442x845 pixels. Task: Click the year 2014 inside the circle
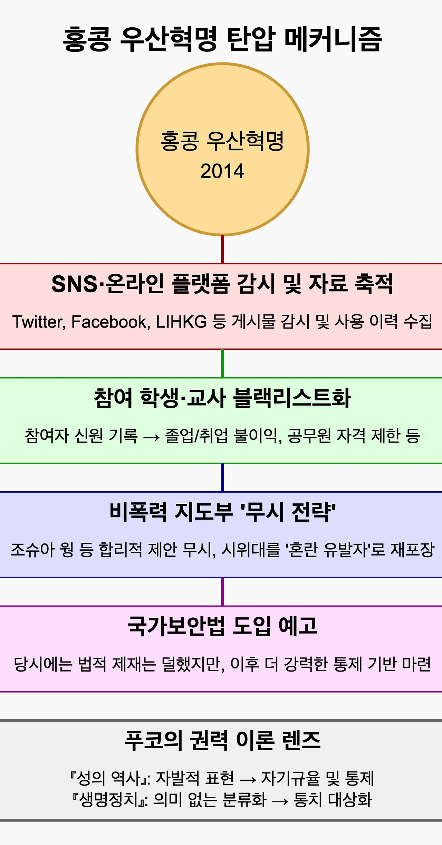[222, 171]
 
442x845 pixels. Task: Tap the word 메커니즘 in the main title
[333, 39]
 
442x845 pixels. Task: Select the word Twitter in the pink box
[38, 322]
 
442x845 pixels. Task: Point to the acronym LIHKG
[181, 322]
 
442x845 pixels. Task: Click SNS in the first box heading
[74, 284]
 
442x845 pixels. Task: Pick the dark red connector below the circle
[222, 249]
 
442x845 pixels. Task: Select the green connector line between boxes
[222, 363]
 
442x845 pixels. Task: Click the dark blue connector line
[222, 477]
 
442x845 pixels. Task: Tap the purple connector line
[222, 591]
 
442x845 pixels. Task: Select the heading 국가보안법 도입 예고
[222, 626]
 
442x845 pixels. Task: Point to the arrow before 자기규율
[248, 779]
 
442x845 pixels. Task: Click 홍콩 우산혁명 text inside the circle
[222, 141]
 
